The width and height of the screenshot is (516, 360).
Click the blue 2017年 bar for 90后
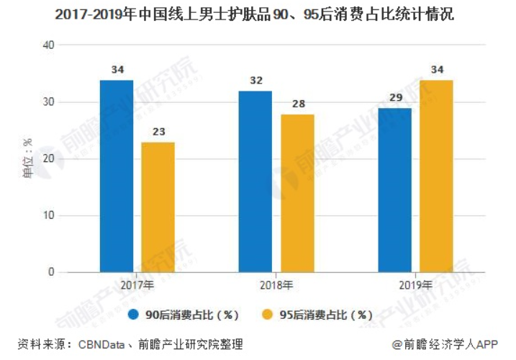coord(116,176)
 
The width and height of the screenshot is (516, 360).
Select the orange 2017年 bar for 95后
coord(158,207)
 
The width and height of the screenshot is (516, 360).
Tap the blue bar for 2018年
coord(255,182)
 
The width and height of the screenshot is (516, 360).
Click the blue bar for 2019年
coord(394,190)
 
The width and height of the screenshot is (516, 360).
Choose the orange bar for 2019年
coord(436,176)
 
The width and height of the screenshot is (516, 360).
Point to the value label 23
coord(158,132)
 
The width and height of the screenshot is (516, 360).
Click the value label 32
coord(255,81)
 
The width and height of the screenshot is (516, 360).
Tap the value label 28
coord(297,104)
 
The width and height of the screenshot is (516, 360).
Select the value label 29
coord(394,98)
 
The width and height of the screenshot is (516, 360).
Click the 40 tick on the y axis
coord(49,45)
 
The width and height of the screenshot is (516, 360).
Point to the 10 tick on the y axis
coord(49,216)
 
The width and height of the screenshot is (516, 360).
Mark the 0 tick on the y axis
coord(52,273)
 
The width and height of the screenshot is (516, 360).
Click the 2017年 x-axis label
coord(137,285)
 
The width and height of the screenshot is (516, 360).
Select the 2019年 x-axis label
coord(415,285)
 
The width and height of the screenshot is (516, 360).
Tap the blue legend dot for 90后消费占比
coord(135,315)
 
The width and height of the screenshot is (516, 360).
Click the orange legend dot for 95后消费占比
coord(266,315)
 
